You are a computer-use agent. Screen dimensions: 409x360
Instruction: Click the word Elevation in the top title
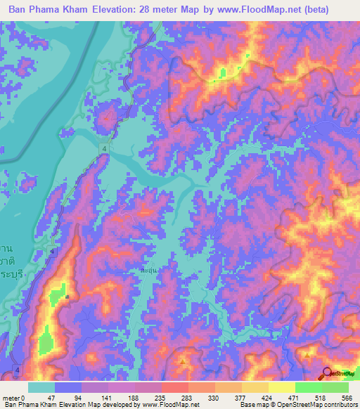pyautogui.click(x=115, y=9)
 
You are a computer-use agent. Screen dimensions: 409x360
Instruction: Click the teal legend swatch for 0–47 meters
pyautogui.click(x=41, y=387)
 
